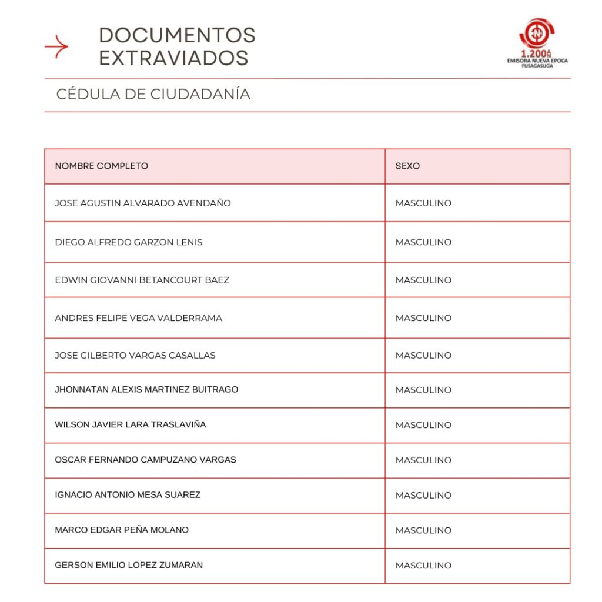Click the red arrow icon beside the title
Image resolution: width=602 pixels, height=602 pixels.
click(56, 46)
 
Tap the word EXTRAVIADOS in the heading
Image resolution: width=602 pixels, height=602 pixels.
click(173, 58)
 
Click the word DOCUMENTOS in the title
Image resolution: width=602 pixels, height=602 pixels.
click(177, 35)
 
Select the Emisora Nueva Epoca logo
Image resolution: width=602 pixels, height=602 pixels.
click(537, 43)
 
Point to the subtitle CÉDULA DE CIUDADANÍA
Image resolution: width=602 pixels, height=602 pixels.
click(153, 94)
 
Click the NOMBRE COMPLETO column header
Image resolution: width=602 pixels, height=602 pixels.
click(102, 166)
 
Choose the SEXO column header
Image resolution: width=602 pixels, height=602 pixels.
click(407, 166)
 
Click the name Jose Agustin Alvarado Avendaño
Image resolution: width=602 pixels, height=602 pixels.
click(143, 203)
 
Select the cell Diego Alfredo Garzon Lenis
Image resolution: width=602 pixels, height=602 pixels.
click(129, 242)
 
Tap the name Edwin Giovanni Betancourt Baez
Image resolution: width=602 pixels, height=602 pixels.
click(142, 280)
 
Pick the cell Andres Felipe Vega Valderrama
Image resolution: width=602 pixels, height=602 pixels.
click(138, 318)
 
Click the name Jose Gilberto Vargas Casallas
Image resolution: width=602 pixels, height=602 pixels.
click(135, 355)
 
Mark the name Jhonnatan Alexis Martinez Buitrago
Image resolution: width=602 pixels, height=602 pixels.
click(146, 389)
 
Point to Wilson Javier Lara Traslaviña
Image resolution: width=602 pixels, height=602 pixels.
click(131, 424)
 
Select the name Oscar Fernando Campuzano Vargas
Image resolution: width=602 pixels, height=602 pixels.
click(145, 460)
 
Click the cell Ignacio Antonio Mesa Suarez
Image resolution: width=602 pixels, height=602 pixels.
click(128, 495)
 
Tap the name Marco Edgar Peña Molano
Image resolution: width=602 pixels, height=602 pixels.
click(122, 530)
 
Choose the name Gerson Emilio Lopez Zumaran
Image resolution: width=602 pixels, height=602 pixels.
click(129, 565)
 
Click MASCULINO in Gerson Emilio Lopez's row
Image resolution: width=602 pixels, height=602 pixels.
click(423, 566)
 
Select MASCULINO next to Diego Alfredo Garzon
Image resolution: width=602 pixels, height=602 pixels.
click(423, 242)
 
